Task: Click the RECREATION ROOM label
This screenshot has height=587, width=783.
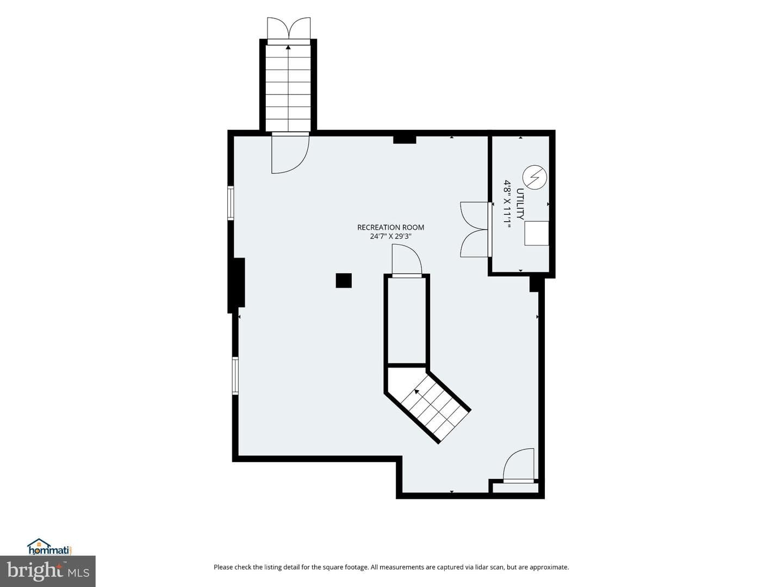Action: point(390,227)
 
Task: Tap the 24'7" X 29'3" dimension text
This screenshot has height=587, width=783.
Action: point(390,236)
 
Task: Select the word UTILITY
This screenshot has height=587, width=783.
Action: point(520,204)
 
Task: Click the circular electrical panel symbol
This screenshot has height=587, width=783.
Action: point(535,177)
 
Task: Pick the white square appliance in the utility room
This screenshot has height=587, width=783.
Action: point(537,233)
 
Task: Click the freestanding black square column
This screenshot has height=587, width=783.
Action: point(344,280)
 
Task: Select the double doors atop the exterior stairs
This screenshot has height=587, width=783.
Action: point(289,28)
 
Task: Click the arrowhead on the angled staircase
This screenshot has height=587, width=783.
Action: point(417,391)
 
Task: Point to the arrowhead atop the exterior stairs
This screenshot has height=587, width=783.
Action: point(288,47)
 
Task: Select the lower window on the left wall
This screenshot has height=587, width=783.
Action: point(235,376)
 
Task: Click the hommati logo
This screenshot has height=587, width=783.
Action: point(49,547)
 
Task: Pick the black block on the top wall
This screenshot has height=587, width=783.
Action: point(405,139)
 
